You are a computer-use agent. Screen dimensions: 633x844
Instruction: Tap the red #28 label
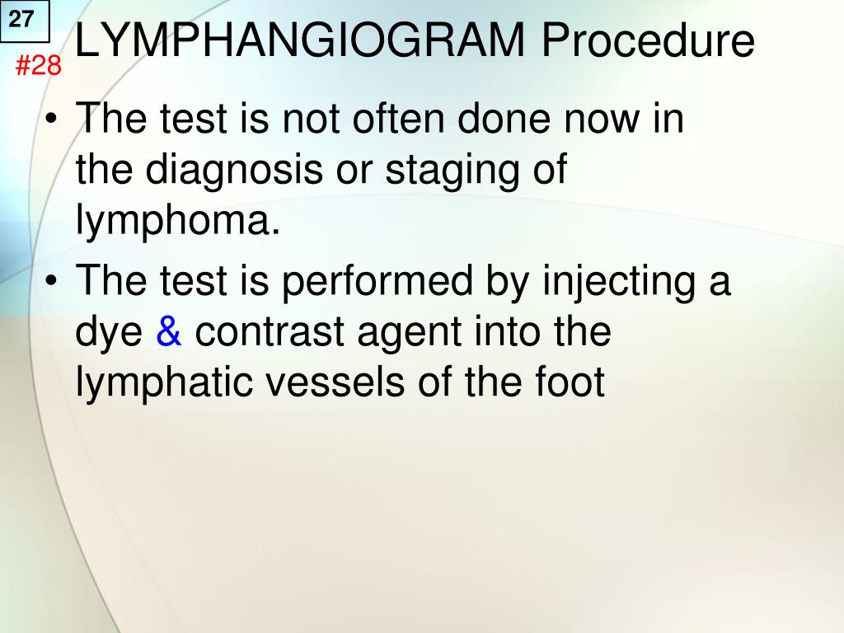pos(39,65)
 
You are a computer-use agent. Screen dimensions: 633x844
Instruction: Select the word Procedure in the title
pos(647,40)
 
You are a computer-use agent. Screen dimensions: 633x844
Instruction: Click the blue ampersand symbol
pos(169,332)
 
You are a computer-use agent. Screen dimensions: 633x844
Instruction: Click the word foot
pos(569,383)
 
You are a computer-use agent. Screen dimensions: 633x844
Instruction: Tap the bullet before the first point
pos(53,121)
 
